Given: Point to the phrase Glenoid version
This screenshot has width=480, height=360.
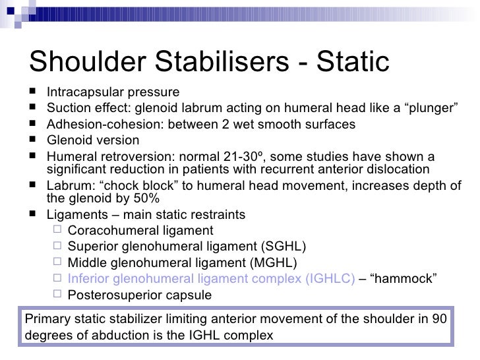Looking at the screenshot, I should (x=93, y=140).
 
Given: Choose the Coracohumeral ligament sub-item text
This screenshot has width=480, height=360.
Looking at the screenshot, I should (x=140, y=231).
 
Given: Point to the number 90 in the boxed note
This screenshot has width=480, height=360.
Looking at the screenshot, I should (x=438, y=319).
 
